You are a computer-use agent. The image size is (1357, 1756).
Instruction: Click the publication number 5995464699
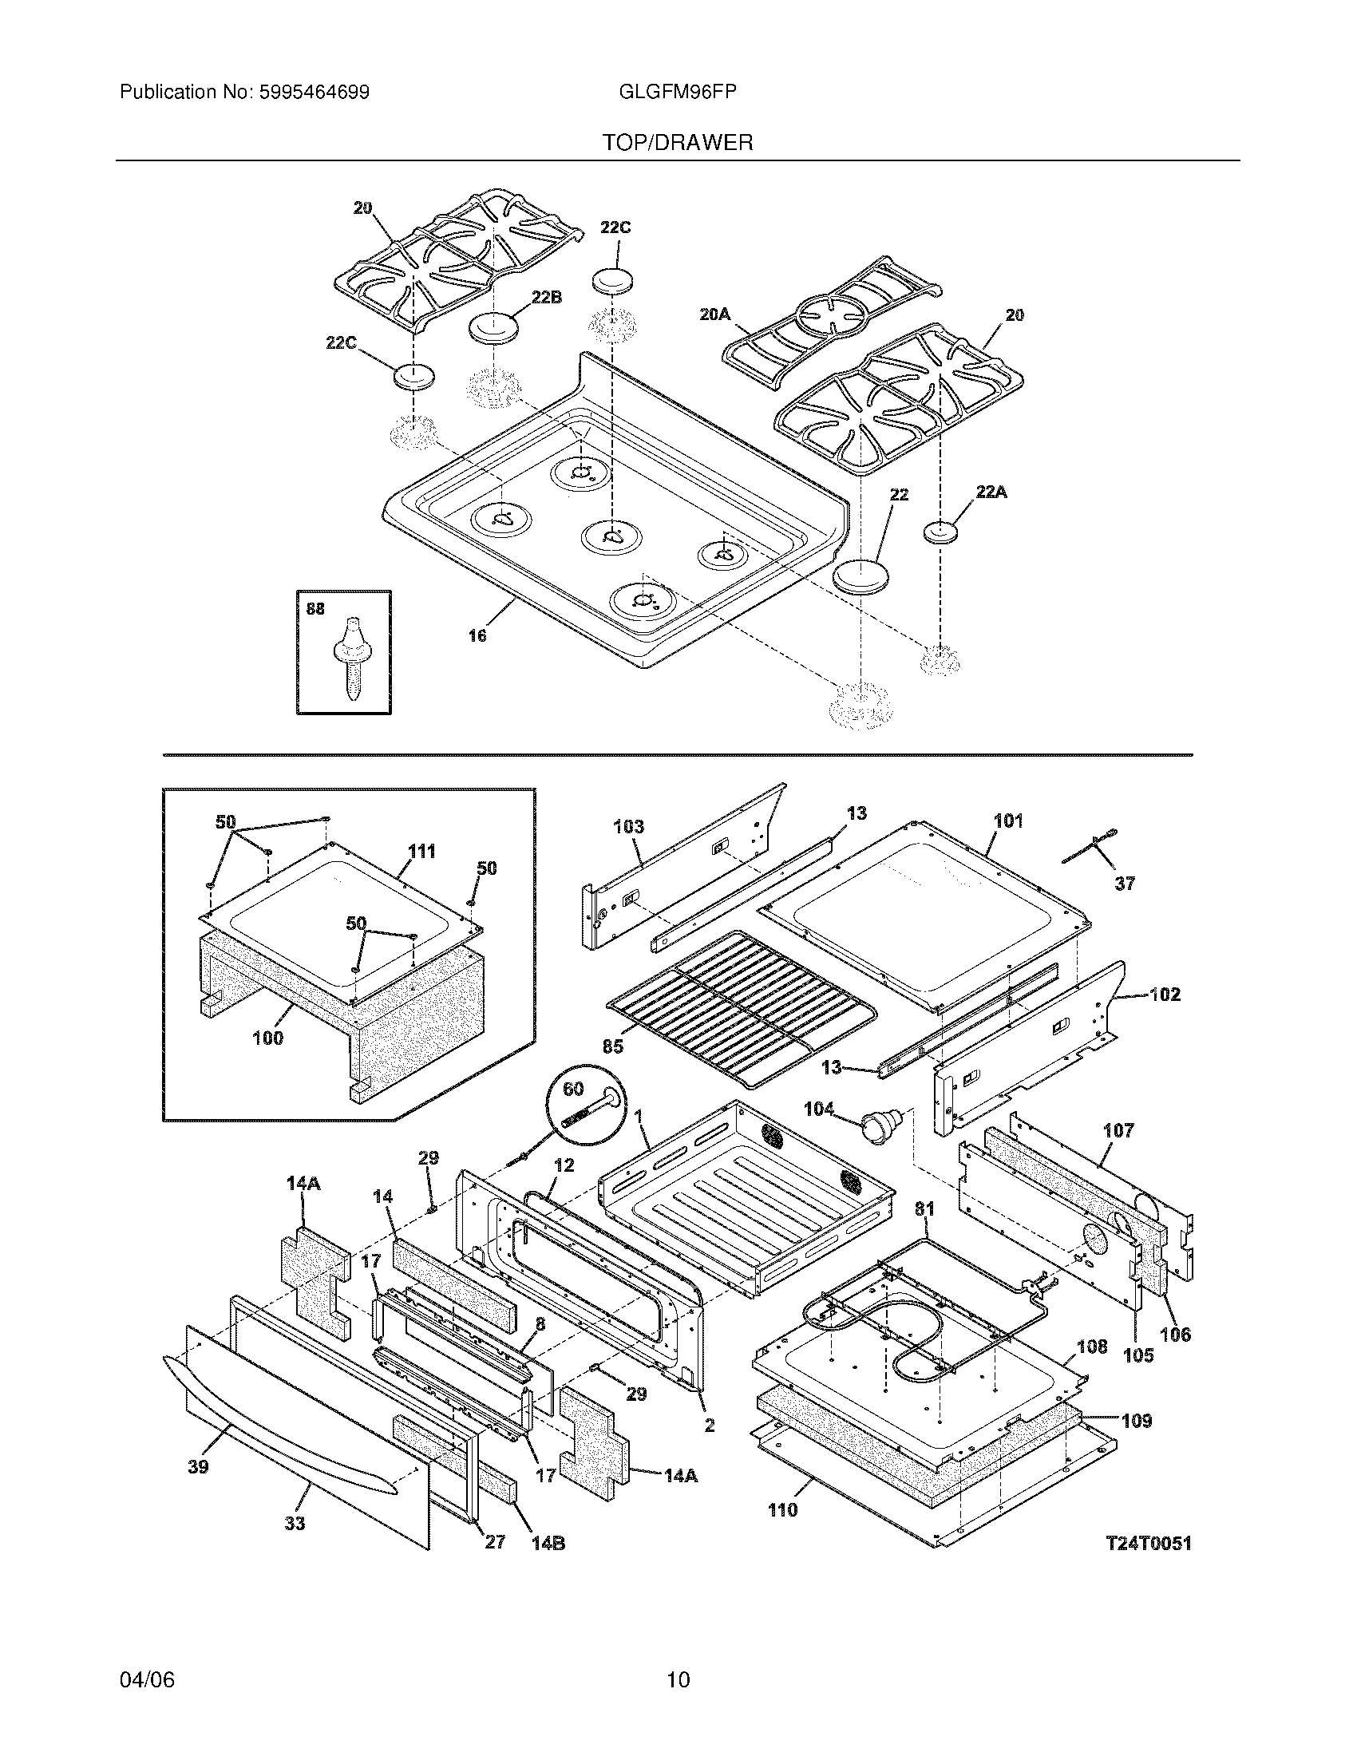coord(315,93)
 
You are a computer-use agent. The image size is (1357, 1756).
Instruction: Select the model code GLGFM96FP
coord(678,93)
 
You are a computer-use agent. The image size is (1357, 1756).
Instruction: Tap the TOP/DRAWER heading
coord(678,143)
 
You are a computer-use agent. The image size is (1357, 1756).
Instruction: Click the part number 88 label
coord(315,610)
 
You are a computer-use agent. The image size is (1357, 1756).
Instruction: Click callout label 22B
coord(546,299)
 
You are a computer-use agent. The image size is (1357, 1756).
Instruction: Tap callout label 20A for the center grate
coord(714,315)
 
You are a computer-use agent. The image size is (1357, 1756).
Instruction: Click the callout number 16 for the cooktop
coord(477,636)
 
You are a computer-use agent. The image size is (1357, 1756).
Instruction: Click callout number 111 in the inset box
coord(421,851)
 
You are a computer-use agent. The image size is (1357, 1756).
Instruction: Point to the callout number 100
coord(267,1038)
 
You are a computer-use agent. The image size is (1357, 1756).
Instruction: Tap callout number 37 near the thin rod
coord(1125,884)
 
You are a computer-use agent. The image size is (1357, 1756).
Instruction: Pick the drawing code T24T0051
coord(1148,1543)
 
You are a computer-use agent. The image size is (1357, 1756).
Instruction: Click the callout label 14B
coord(548,1544)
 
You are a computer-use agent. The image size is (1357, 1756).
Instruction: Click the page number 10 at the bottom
coord(678,1679)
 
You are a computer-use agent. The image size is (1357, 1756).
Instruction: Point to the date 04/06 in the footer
coord(147,1679)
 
